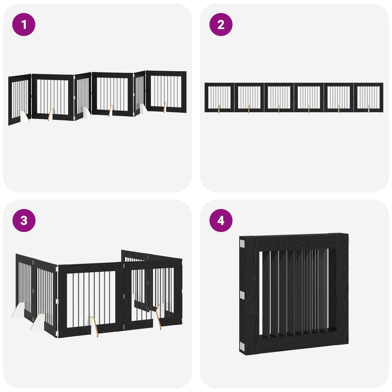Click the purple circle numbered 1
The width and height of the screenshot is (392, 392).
tap(24, 24)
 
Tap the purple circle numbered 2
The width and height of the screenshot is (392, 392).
tap(221, 24)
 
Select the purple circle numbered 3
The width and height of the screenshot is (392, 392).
tap(24, 220)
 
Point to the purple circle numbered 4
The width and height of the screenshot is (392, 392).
tap(221, 220)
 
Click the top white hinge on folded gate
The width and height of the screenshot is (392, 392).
tap(242, 243)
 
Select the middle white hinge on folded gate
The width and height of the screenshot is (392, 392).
tap(242, 295)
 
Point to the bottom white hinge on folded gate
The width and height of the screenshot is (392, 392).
tap(242, 346)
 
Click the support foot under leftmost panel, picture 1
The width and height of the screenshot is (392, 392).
tap(24, 116)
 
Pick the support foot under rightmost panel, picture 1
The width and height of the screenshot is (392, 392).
tap(165, 107)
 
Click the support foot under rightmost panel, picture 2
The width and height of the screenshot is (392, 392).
tap(369, 109)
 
